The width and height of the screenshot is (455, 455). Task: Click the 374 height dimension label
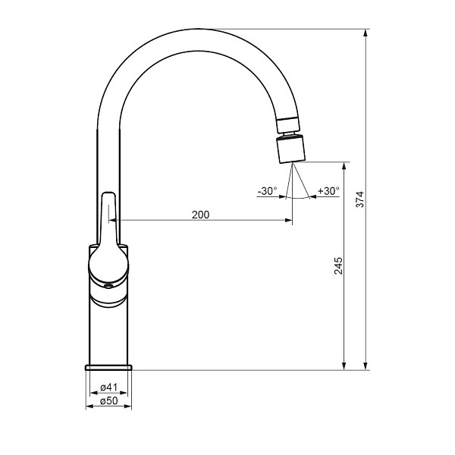[359, 199]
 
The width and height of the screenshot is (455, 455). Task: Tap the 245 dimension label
[338, 265]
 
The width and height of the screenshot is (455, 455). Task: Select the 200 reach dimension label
[200, 215]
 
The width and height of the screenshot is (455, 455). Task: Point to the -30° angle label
[267, 191]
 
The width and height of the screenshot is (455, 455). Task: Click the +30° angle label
[328, 191]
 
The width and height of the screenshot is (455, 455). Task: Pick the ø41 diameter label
[108, 387]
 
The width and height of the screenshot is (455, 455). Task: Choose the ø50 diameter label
[108, 400]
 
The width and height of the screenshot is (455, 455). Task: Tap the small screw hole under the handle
[108, 287]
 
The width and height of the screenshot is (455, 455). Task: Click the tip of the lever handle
[108, 193]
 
